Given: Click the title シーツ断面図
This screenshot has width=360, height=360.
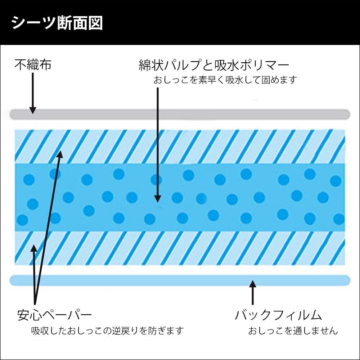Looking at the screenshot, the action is tap(57, 23).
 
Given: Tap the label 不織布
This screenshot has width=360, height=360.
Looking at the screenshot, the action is tap(33, 65).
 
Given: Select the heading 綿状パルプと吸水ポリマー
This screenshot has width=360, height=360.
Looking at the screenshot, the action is tap(214, 66).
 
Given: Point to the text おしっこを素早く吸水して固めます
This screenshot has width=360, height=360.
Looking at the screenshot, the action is tap(225, 80).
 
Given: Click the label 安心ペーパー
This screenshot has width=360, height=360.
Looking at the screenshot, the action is tap(54, 315).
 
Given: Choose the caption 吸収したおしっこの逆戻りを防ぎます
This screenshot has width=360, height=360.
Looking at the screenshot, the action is tap(107, 330).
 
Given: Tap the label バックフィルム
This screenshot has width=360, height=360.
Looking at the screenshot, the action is tap(278, 315).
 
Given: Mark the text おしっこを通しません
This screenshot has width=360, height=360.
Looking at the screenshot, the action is tap(293, 330).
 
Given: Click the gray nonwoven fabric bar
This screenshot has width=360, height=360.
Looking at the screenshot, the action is tap(180, 114).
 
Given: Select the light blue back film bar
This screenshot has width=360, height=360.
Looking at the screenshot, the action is tap(180, 280).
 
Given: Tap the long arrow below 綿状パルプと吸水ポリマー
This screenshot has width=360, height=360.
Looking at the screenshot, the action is tap(158, 144).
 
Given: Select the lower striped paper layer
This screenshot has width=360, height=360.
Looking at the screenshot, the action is tap(180, 248).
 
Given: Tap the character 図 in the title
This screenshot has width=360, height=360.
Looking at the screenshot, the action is tap(95, 23).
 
